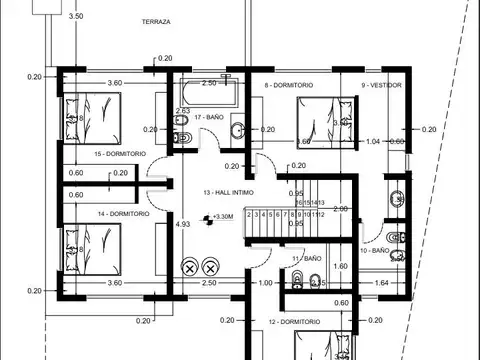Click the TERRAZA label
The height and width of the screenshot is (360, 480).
point(157,21)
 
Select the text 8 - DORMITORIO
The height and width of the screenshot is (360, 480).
point(289,86)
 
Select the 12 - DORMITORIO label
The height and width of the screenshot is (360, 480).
point(295,322)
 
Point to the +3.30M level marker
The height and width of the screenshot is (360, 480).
point(222,217)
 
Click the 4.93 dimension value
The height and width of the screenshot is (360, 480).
point(182,224)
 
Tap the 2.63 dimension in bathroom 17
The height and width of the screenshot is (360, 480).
point(183,111)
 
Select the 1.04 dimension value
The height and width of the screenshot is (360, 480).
point(373,142)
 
